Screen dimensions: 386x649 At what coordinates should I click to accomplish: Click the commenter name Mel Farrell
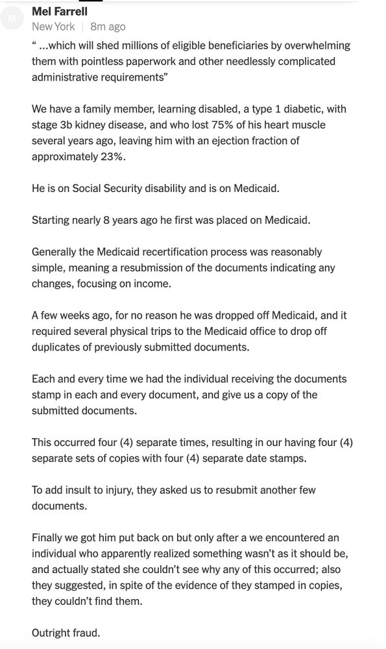(60, 11)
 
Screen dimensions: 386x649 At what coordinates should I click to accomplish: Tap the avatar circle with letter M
(12, 19)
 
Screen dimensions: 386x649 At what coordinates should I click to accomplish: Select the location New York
(53, 27)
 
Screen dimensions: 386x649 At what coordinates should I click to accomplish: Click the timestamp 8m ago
(108, 27)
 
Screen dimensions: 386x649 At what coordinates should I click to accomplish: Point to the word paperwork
(165, 61)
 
